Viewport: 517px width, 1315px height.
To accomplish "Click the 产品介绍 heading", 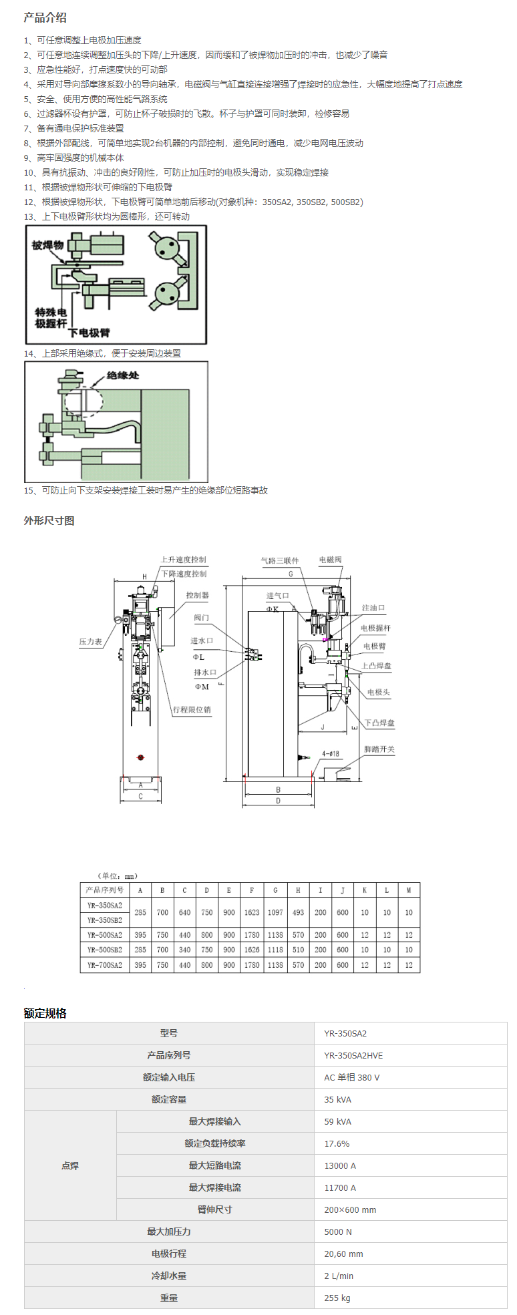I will click(x=45, y=18).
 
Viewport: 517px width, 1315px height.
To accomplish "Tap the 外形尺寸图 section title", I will click(x=49, y=521).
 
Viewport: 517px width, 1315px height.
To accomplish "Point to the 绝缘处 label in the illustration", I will click(x=123, y=375).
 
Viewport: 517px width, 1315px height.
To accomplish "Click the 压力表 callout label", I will click(x=90, y=642).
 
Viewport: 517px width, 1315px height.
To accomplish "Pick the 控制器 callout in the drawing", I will click(x=197, y=595).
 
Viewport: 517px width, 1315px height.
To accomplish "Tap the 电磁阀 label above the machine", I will click(x=330, y=560).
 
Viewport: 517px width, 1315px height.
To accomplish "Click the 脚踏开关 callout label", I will click(x=379, y=749).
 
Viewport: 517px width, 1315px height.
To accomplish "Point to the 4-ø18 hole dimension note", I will click(x=331, y=754).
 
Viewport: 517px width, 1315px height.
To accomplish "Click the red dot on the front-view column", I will click(x=140, y=757).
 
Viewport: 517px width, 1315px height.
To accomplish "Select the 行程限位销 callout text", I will click(x=192, y=710).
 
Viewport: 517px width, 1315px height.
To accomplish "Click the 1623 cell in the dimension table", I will click(x=252, y=912).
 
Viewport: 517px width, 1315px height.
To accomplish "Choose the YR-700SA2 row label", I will click(x=105, y=965).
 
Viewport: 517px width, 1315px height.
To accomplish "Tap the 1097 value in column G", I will click(x=275, y=912).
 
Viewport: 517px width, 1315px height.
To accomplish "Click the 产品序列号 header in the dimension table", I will click(x=105, y=890).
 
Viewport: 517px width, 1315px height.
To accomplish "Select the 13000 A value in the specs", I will click(x=340, y=1165).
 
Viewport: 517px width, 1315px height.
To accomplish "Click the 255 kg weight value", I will click(x=337, y=1298).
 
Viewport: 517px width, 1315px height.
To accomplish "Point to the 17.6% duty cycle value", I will click(x=337, y=1143).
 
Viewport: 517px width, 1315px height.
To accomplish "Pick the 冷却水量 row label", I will click(x=169, y=1276).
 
